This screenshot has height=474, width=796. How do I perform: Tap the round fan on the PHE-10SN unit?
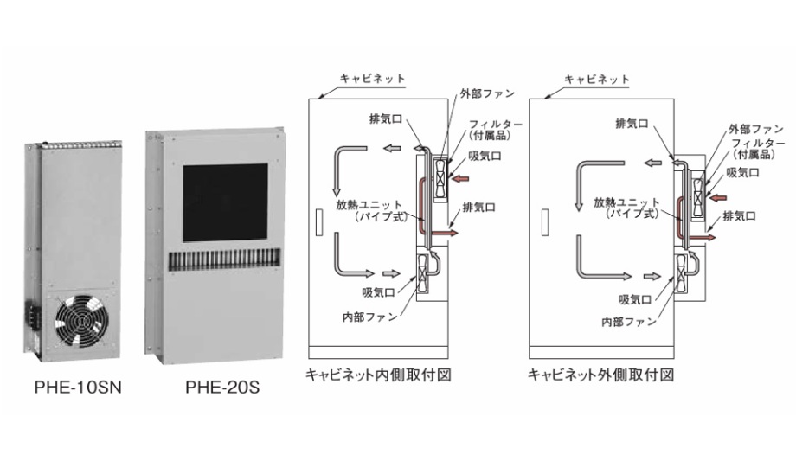(80, 323)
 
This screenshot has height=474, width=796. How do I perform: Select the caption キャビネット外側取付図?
(601, 375)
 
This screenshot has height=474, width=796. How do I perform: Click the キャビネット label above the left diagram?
(376, 80)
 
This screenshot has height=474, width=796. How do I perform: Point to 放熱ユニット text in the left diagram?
(369, 205)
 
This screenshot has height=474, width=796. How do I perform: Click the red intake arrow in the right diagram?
(718, 198)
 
